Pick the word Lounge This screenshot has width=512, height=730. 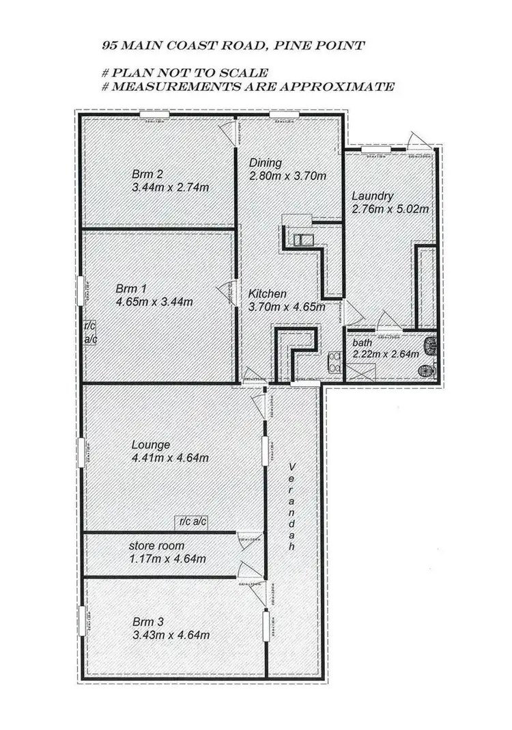click(x=151, y=444)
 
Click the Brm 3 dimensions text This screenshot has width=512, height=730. click(x=171, y=635)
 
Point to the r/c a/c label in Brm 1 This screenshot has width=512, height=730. click(x=90, y=333)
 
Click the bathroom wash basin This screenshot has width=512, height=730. click(x=426, y=370)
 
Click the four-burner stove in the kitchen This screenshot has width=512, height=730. click(x=335, y=361)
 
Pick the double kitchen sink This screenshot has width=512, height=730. click(x=300, y=239)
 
